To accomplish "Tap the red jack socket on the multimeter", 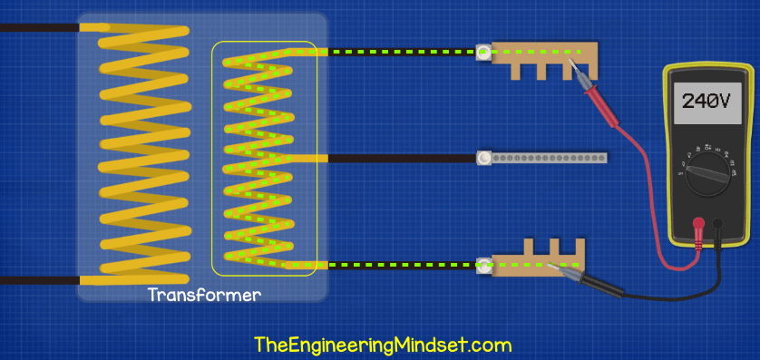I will [x=699, y=222].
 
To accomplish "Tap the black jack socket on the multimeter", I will [x=718, y=222].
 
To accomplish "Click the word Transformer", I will [x=204, y=296].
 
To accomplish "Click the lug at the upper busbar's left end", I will [x=484, y=53].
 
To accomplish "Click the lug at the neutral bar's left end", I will [x=484, y=159].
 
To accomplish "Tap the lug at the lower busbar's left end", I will [x=484, y=265].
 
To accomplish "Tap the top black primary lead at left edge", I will [x=36, y=28].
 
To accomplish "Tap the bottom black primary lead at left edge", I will [x=36, y=279].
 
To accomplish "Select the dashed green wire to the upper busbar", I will [x=399, y=53].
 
